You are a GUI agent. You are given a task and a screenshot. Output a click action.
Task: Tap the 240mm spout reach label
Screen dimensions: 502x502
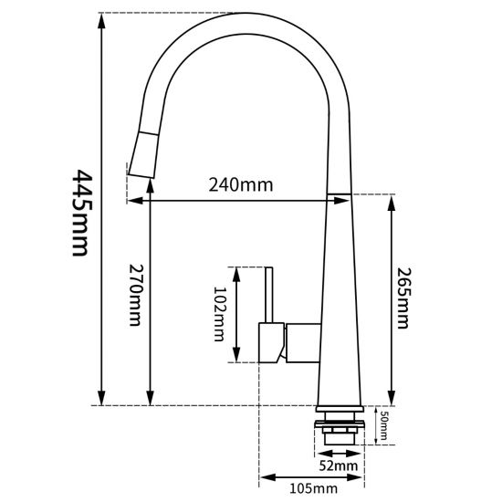pyautogui.click(x=241, y=184)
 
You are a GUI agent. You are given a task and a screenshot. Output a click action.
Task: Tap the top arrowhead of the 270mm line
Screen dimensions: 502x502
pyautogui.click(x=149, y=204)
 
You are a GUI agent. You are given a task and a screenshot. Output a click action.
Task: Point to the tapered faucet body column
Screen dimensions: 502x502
pyautogui.click(x=336, y=301)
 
